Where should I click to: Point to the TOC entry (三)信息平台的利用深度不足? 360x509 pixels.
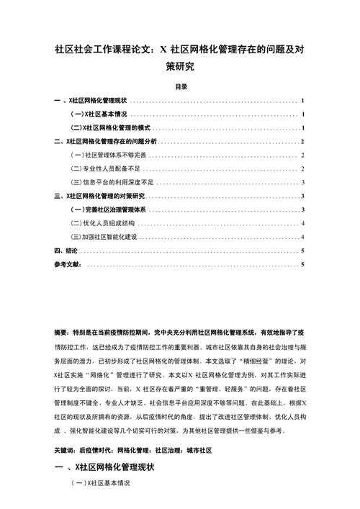coord(112,182)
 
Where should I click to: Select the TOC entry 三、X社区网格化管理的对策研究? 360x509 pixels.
coord(100,196)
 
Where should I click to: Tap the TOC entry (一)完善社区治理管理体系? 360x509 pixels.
coord(109,210)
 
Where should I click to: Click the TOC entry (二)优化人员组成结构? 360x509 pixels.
coord(104,223)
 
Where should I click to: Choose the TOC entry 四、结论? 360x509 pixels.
coord(66,251)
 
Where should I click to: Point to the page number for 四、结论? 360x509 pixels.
coord(303,251)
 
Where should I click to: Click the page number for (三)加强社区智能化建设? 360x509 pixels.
coord(303,237)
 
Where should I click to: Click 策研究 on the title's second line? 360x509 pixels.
coord(180,67)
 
